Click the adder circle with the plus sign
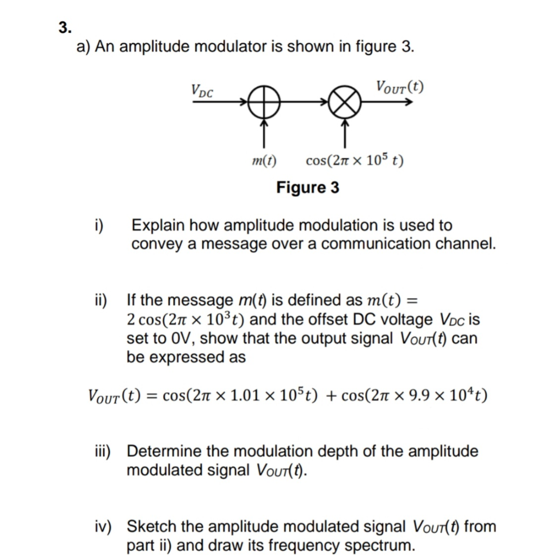[263, 102]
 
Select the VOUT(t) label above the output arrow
[400, 87]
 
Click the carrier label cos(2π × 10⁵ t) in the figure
[355, 161]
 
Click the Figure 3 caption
[307, 188]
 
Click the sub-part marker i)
[100, 225]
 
